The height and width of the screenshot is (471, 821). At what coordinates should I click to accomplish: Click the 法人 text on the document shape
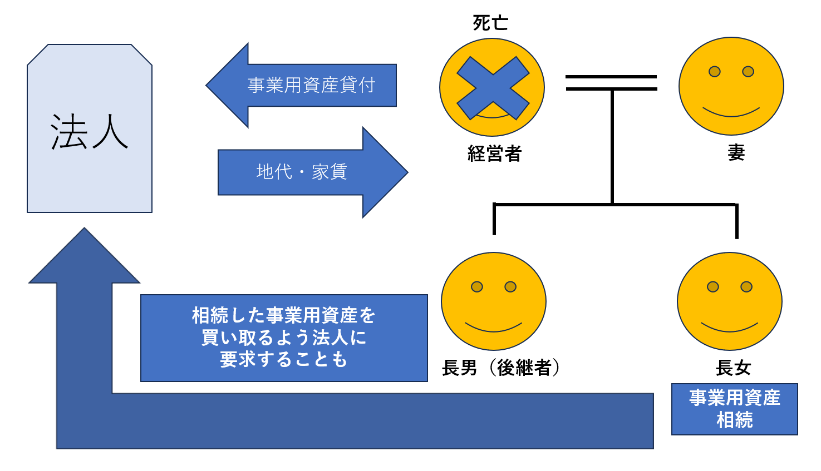89,132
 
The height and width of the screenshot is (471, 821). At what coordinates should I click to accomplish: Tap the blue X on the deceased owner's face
493,88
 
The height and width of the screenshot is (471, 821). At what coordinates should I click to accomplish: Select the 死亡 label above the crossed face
490,23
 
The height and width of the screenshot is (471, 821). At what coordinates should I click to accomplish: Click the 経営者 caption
494,153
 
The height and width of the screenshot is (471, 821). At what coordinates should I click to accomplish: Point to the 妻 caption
736,152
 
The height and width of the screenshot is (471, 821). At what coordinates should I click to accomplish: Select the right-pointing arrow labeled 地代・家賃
312,172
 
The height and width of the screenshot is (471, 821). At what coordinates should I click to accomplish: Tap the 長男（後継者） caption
501,368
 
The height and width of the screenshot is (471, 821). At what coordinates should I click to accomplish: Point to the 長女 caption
733,368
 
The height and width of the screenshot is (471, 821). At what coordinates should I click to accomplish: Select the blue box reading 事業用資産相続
734,409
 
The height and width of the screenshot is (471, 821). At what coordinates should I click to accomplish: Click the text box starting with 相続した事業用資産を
284,338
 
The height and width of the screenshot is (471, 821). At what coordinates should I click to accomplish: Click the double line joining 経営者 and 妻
611,83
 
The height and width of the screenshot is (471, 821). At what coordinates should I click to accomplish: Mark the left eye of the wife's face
714,72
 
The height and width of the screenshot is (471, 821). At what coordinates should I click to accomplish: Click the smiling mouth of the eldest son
493,328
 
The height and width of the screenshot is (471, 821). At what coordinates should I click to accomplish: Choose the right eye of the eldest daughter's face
746,287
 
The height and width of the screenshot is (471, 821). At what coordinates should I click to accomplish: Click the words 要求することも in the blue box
284,360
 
